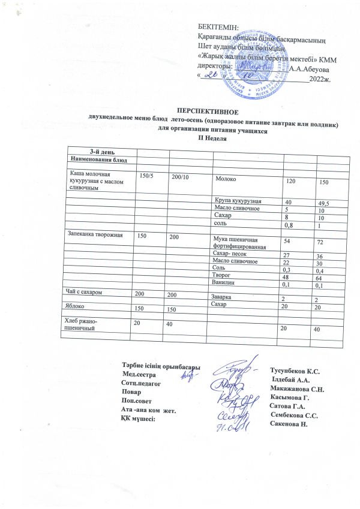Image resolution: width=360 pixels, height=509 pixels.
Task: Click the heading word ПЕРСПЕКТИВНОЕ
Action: pyautogui.click(x=207, y=112)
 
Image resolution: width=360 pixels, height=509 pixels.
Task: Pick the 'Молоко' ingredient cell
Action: pyautogui.click(x=228, y=179)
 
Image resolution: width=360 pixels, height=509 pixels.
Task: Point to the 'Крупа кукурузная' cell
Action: pyautogui.click(x=238, y=200)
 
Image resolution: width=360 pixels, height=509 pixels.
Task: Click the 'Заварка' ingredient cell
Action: pyautogui.click(x=221, y=297)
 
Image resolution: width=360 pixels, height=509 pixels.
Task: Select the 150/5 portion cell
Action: pyautogui.click(x=146, y=176)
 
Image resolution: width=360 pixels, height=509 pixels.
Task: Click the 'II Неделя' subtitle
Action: pyautogui.click(x=207, y=137)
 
